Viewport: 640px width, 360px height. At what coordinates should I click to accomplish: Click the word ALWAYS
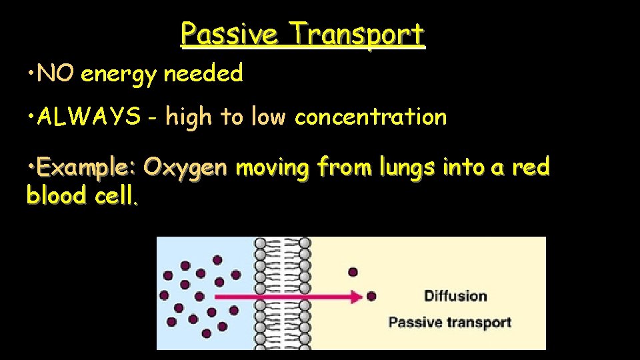click(x=89, y=117)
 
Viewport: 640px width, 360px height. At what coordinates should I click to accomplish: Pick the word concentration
click(x=371, y=117)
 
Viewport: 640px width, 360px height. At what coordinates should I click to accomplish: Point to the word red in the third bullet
click(x=531, y=167)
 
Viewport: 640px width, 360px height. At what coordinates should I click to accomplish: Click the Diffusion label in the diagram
click(x=455, y=296)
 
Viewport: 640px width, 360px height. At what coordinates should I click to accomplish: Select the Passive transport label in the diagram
click(x=449, y=323)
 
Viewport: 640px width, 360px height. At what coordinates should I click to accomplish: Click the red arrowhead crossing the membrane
click(x=354, y=296)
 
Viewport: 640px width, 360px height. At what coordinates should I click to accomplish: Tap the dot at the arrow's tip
click(x=371, y=296)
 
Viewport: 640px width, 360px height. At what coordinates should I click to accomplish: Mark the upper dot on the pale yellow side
click(x=353, y=271)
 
